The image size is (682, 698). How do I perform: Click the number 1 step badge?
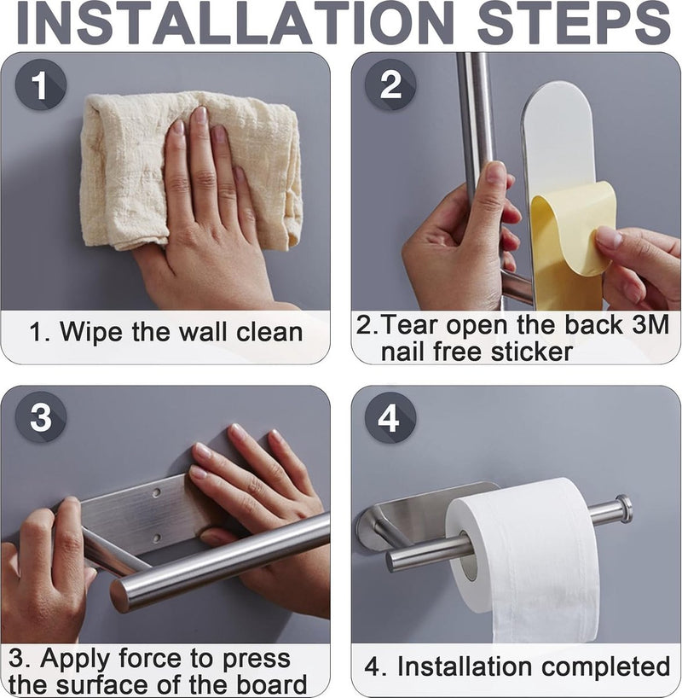(40, 84)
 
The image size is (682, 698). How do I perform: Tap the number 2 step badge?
(390, 84)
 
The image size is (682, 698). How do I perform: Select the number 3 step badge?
(40, 417)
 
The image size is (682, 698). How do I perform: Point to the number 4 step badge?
(390, 418)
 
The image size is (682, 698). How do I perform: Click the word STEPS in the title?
(574, 22)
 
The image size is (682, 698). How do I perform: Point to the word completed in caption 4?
(606, 666)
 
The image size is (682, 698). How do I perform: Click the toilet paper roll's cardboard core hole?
(469, 556)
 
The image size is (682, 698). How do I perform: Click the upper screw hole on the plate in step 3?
(157, 493)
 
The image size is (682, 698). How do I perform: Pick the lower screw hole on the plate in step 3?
(156, 538)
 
